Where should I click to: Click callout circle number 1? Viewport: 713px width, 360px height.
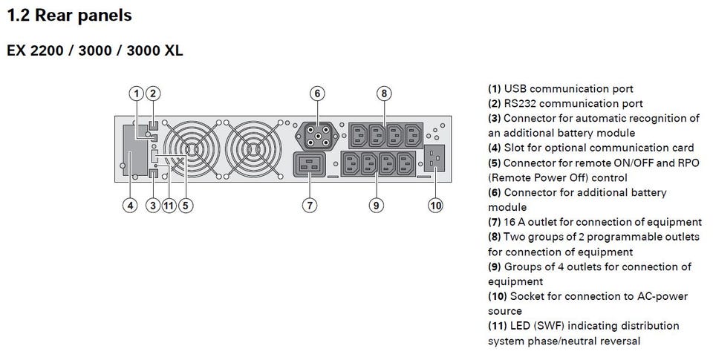(x=135, y=94)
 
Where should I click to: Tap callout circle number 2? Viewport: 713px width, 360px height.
(x=152, y=94)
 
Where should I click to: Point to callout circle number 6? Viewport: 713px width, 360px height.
(x=317, y=94)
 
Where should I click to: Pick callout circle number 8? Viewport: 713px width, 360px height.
(x=383, y=94)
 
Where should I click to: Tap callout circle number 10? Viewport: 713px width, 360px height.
(x=436, y=206)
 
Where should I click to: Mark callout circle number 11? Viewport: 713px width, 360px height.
(x=169, y=206)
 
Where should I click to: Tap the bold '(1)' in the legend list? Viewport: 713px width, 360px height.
(x=495, y=89)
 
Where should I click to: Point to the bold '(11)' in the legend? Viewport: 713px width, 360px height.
(x=498, y=327)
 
